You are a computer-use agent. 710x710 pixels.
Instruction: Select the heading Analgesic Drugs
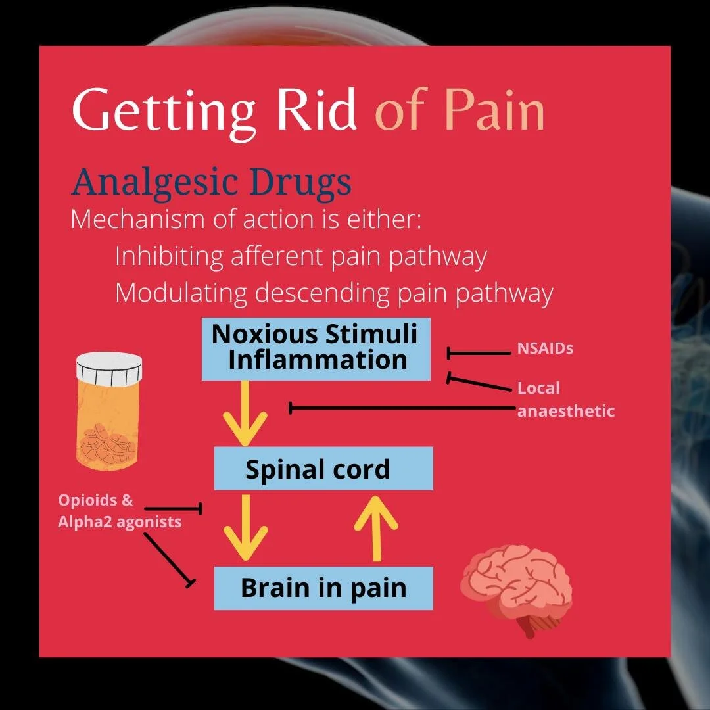click(x=211, y=182)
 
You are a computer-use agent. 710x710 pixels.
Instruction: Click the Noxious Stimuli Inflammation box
click(x=316, y=348)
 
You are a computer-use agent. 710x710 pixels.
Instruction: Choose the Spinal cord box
click(x=323, y=469)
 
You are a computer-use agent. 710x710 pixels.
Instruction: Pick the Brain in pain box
click(x=323, y=588)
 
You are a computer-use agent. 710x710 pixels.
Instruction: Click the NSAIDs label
click(x=545, y=348)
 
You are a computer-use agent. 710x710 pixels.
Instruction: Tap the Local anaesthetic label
click(x=565, y=400)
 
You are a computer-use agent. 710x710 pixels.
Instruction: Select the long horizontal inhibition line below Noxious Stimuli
click(x=401, y=408)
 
